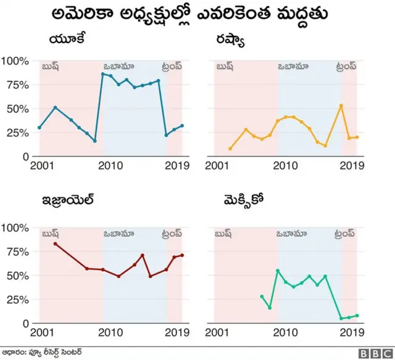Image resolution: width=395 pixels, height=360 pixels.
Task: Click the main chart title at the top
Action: (197, 14)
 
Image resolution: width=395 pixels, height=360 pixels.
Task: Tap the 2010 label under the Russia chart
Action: (285, 165)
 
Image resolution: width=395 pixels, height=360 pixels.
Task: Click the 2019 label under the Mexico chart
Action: (352, 332)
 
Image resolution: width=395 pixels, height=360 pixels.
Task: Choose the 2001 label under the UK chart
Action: (40, 165)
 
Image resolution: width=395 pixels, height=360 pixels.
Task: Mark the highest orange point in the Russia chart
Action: (341, 105)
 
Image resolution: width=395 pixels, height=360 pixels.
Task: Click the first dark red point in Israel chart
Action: (56, 244)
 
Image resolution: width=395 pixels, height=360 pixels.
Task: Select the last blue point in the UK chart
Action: (181, 126)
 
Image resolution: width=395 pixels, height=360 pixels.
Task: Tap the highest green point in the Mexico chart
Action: (278, 271)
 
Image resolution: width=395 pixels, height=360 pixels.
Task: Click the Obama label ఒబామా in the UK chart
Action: (119, 65)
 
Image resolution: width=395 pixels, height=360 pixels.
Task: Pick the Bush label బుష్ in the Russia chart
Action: (223, 65)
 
